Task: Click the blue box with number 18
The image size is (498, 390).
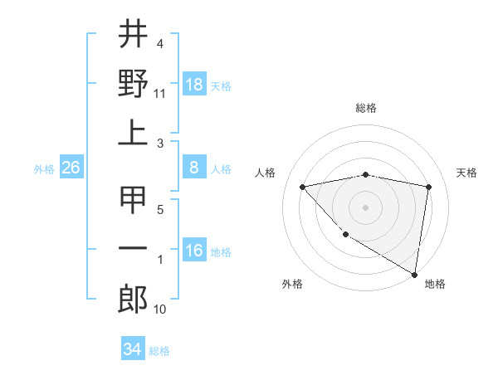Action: pyautogui.click(x=194, y=85)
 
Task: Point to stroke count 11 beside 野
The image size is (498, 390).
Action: pyautogui.click(x=160, y=93)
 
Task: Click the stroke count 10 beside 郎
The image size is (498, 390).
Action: pyautogui.click(x=160, y=310)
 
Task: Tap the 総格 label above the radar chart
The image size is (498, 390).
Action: pyautogui.click(x=366, y=108)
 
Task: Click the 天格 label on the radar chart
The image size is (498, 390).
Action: pyautogui.click(x=466, y=173)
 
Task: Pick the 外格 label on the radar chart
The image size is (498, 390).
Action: pyautogui.click(x=292, y=284)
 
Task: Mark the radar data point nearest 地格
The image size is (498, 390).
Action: pyautogui.click(x=414, y=274)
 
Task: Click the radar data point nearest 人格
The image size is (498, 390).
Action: pyautogui.click(x=303, y=187)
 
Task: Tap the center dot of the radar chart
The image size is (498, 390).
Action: pyautogui.click(x=366, y=207)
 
